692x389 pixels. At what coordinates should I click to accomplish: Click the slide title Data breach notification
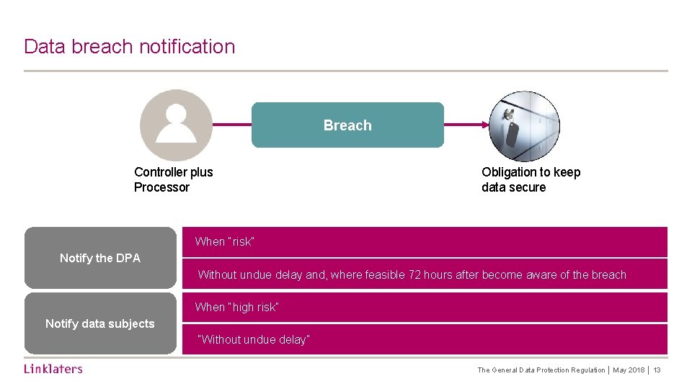click(x=130, y=47)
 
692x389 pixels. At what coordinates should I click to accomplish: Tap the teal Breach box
click(x=347, y=125)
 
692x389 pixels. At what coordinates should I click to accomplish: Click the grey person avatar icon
click(x=176, y=125)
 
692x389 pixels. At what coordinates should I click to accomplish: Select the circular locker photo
click(x=524, y=126)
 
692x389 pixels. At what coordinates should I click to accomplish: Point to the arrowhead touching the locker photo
click(x=485, y=125)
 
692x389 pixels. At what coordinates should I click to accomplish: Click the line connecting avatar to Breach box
click(x=231, y=125)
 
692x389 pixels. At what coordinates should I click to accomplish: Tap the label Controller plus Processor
click(x=173, y=179)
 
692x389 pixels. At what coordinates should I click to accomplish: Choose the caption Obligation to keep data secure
click(x=531, y=179)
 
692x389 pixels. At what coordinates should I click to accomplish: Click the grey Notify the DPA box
click(x=100, y=258)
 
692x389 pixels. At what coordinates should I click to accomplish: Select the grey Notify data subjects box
click(x=100, y=323)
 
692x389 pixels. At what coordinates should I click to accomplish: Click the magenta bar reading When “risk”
click(x=425, y=242)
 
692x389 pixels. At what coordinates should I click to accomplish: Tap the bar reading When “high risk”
click(x=425, y=308)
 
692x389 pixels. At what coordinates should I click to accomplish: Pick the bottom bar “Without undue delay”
click(x=425, y=339)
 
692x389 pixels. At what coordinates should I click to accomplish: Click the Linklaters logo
click(x=53, y=369)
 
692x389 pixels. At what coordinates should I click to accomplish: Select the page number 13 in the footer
click(x=657, y=370)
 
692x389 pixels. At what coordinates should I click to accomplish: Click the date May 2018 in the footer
click(x=629, y=370)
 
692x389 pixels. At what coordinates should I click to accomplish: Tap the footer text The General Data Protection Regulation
click(x=541, y=370)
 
